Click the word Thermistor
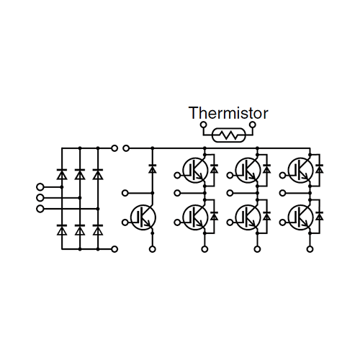[228, 113]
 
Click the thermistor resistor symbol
[229, 135]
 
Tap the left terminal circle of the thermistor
[204, 125]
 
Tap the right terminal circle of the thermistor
[253, 125]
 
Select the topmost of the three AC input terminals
[40, 186]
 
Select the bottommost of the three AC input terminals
[40, 209]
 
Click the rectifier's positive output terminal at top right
[114, 148]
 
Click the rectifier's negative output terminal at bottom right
[114, 249]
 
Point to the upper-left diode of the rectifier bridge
[62, 174]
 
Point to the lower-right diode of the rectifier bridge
[98, 230]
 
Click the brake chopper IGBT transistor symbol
[143, 217]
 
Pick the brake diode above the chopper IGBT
[153, 169]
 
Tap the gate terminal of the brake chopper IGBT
[125, 222]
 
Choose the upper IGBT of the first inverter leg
[195, 170]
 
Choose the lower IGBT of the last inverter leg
[301, 217]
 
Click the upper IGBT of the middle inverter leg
[248, 170]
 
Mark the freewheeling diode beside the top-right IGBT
[319, 169]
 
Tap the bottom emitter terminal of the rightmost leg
[310, 249]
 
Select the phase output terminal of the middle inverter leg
[230, 193]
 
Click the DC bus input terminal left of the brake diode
[126, 148]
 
